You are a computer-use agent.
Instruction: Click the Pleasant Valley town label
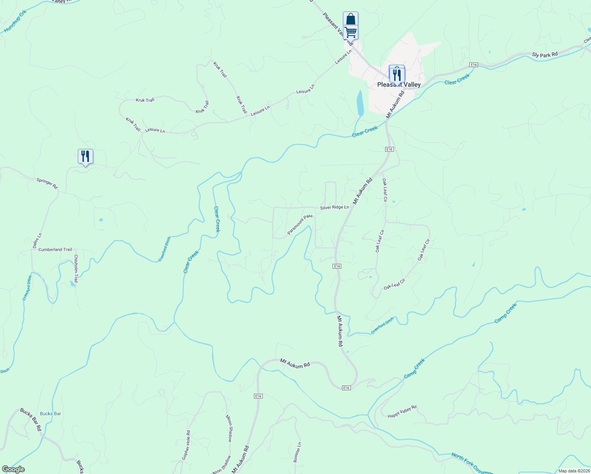(399, 85)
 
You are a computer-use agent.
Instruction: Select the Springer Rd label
(47, 183)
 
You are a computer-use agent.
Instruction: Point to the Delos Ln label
(37, 241)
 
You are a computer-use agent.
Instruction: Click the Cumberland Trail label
(55, 250)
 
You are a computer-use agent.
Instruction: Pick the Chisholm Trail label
(76, 269)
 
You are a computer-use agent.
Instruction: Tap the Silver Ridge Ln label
(334, 207)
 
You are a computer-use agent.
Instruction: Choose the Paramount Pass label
(300, 225)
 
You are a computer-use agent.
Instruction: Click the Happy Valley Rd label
(402, 411)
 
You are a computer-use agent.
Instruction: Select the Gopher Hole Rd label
(186, 445)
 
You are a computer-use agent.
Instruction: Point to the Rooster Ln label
(297, 452)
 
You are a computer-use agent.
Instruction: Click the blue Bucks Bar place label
(51, 414)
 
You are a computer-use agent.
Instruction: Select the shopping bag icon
(350, 19)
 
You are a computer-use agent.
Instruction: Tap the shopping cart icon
(350, 32)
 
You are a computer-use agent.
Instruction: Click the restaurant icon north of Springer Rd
(85, 156)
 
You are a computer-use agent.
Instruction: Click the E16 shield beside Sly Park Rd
(474, 64)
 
